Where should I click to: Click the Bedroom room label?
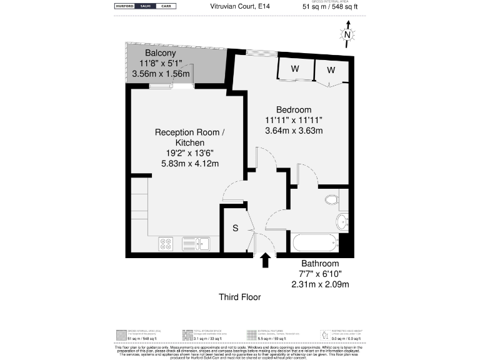coord(294,110)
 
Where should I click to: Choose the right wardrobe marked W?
coord(331,69)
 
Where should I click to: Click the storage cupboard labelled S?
coord(236,229)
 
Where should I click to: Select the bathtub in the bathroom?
coord(314,242)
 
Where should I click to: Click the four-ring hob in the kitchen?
coord(166,244)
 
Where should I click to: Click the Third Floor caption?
coord(239,297)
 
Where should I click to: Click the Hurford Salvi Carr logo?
coord(145,6)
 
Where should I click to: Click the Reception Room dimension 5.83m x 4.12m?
coord(191,164)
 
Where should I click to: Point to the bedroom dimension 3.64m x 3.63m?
coord(293,131)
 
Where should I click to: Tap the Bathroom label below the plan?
coord(320,264)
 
